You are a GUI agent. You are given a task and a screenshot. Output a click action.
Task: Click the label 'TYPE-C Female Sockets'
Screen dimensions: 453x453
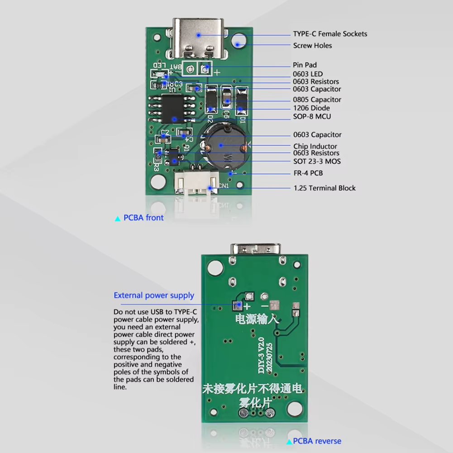coord(330,34)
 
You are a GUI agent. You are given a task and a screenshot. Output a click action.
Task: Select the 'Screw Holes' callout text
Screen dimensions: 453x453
coord(312,46)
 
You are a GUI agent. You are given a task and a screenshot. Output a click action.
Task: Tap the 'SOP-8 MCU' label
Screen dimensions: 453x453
coord(312,117)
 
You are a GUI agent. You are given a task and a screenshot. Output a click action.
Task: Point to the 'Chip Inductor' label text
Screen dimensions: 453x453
coord(315,146)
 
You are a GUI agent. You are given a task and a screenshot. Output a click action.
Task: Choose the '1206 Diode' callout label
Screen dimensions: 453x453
coord(311,108)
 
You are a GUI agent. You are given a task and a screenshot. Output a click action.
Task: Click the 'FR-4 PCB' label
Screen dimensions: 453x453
coord(308,173)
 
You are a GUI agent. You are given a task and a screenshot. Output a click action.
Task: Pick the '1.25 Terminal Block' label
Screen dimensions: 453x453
coord(324,188)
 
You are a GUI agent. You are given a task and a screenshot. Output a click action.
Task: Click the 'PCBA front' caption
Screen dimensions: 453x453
coord(143,218)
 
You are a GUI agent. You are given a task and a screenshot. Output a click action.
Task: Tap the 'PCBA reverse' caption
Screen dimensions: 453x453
coord(317,441)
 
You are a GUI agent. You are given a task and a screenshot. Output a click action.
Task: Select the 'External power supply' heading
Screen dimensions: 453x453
coord(154,296)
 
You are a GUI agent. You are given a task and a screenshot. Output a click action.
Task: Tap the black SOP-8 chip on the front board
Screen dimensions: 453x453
coord(174,109)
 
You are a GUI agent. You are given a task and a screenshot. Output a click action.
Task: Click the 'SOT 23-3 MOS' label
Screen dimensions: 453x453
coord(317,161)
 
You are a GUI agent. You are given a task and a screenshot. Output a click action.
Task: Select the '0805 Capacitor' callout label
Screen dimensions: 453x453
coord(317,100)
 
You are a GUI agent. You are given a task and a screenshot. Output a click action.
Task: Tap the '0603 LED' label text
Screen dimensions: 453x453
coord(308,74)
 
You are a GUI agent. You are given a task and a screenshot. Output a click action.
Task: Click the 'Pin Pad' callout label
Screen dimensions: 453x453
coord(305,65)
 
